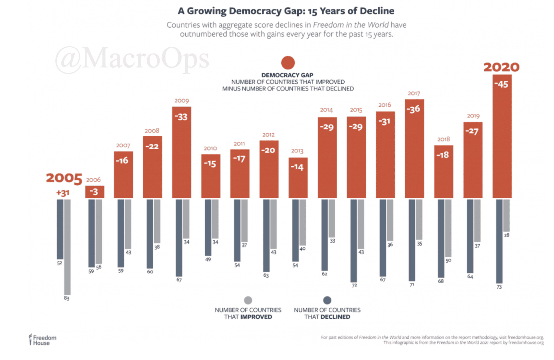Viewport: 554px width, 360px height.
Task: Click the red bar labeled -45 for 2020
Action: click(502, 141)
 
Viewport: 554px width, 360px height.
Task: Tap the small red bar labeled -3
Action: click(95, 192)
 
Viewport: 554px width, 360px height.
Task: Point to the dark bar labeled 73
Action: click(499, 241)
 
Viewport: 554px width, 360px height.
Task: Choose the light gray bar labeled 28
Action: click(506, 215)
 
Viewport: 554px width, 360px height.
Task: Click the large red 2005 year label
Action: click(64, 178)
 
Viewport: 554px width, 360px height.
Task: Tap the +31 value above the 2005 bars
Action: click(63, 193)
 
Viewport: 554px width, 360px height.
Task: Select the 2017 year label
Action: click(414, 94)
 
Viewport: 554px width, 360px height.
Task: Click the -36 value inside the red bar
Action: click(413, 109)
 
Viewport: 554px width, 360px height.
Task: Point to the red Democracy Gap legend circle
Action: click(288, 62)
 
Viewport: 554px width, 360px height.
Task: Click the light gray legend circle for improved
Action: click(248, 300)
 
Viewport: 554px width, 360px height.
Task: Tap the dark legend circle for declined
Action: click(327, 300)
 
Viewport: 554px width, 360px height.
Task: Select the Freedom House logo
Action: click(42, 340)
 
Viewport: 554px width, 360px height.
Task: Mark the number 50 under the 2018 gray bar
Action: click(448, 260)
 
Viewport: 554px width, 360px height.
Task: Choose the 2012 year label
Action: click(268, 135)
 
